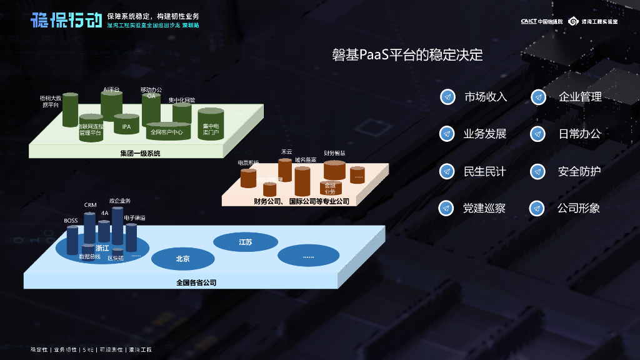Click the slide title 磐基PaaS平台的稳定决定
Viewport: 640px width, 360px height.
click(407, 55)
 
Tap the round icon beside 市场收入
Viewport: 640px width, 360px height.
click(447, 97)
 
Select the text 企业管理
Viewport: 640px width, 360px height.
click(580, 97)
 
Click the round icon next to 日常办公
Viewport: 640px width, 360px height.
click(539, 134)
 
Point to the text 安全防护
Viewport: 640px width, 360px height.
click(579, 171)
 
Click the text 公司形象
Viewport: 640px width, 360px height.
click(579, 208)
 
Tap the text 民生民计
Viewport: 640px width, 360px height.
click(484, 171)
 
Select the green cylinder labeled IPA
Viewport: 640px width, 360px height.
click(126, 126)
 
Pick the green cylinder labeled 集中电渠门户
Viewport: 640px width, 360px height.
click(211, 127)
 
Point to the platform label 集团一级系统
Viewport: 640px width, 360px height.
click(140, 153)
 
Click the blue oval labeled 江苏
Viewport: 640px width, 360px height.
click(246, 242)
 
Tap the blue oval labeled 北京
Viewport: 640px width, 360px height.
click(183, 258)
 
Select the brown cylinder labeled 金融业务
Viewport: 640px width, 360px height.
click(331, 187)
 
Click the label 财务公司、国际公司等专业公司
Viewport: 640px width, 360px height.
click(301, 201)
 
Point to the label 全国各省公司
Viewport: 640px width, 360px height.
click(196, 282)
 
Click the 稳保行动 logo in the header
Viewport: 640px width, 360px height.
click(66, 20)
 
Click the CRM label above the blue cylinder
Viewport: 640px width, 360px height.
click(90, 205)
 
